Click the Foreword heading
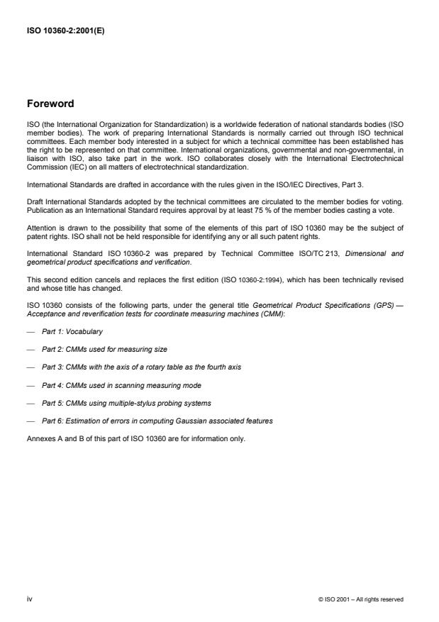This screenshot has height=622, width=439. pos(50,104)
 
